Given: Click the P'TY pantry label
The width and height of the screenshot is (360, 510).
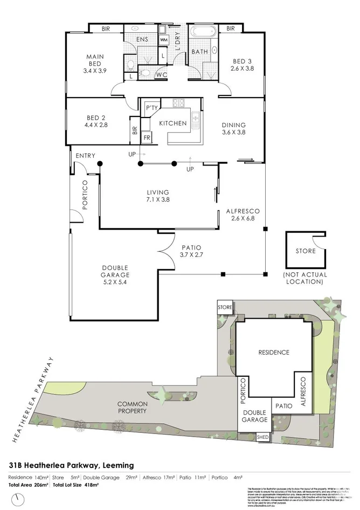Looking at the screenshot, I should pos(151,109).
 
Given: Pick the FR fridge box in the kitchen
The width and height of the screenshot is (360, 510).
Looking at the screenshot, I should pos(146,138).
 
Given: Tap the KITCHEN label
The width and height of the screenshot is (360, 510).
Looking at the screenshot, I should pos(172,123).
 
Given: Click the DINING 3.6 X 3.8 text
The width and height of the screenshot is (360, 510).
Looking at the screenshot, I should pos(233,129).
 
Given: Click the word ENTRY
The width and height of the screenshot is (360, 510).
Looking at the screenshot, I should pos(85,156).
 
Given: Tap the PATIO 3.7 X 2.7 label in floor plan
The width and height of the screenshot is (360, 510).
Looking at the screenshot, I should pos(190,251).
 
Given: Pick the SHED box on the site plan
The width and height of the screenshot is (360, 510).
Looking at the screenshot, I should pos(263,437).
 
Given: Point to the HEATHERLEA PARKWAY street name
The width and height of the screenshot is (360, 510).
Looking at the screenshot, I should pos(32,399).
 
